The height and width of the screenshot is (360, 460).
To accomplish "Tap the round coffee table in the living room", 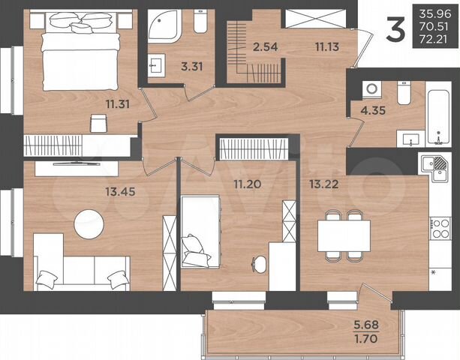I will [x=89, y=223].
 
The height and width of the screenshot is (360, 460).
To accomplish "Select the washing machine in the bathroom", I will [x=371, y=89].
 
